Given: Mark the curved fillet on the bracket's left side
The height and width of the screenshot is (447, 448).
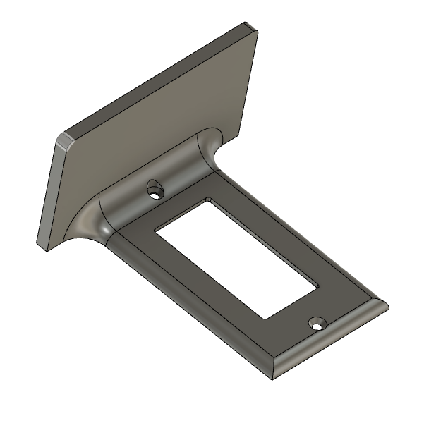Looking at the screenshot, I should pyautogui.click(x=85, y=222).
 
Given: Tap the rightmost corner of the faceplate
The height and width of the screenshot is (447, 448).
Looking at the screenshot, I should pyautogui.click(x=387, y=307).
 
